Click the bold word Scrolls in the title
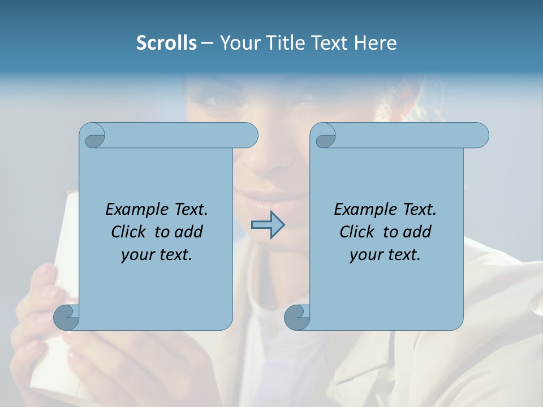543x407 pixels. (167, 43)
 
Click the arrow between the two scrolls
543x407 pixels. (268, 225)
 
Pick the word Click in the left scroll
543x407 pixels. (131, 232)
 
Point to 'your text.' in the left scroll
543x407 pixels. (157, 254)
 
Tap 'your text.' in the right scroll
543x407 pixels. (385, 254)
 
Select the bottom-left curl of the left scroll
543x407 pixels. (67, 317)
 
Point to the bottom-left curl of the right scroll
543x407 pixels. (298, 317)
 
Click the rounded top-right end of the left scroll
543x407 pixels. (249, 135)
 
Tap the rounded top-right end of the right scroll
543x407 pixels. (480, 135)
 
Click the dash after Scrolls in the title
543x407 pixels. (207, 43)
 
